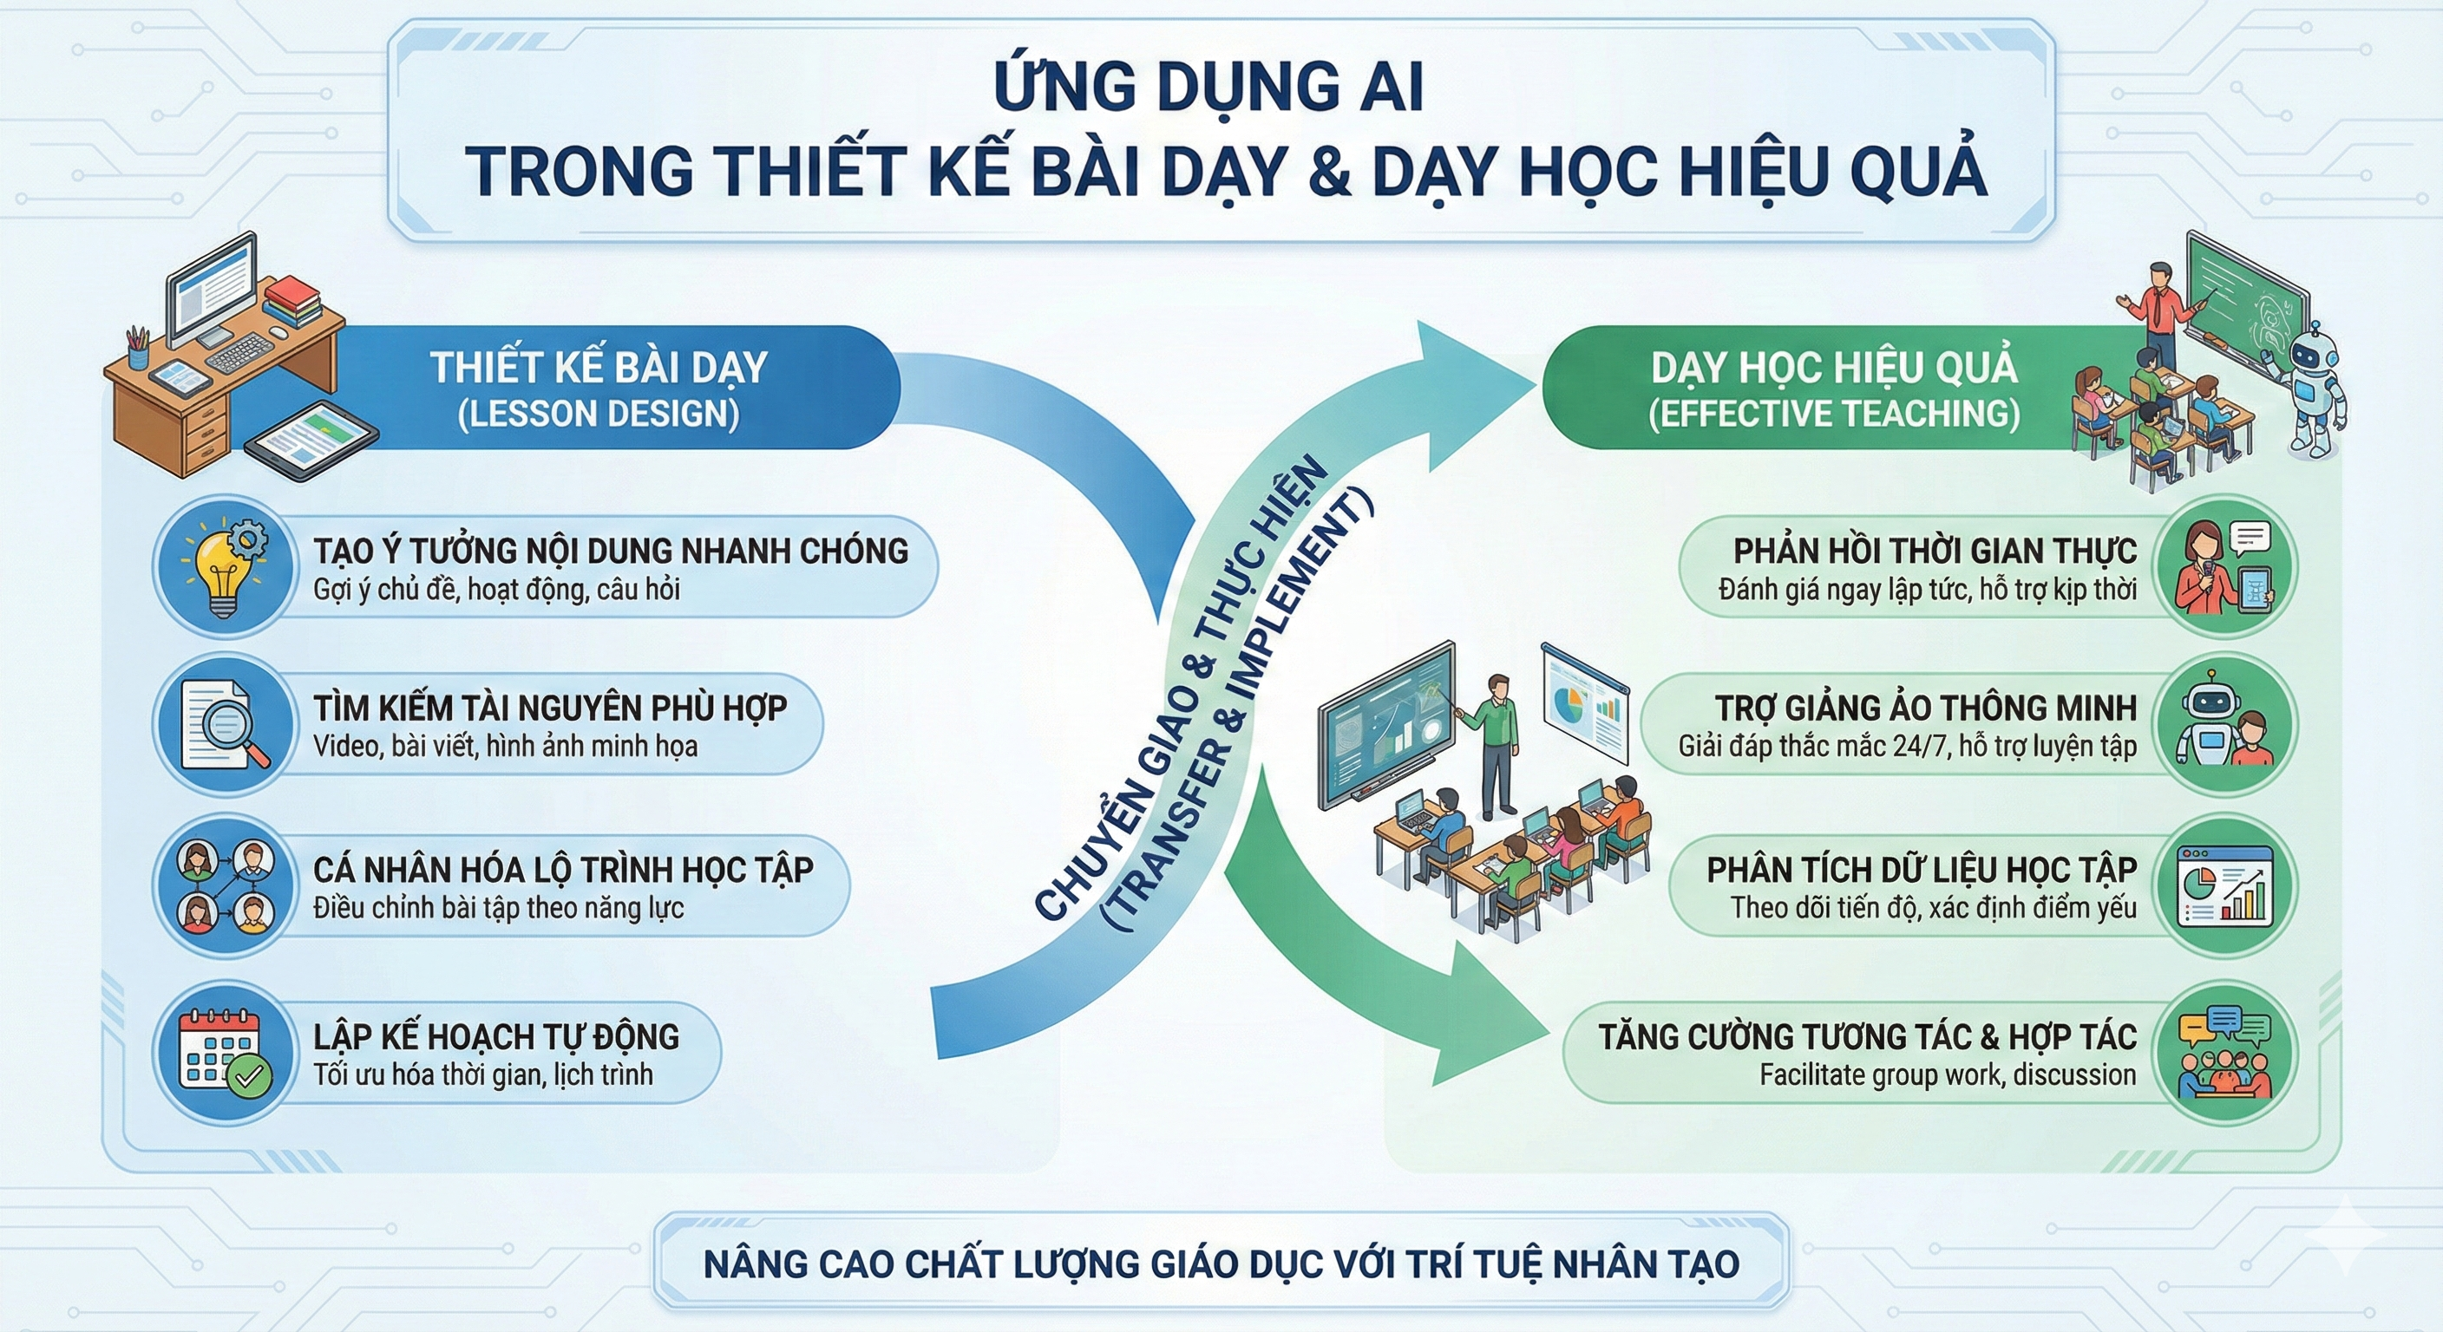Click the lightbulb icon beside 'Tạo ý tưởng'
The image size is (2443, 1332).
(x=224, y=566)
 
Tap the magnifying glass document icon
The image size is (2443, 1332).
(x=224, y=725)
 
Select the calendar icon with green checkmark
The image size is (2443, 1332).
(x=224, y=1052)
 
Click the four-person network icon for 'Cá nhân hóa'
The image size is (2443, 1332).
(x=224, y=886)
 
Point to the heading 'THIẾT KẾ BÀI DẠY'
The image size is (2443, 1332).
(x=599, y=368)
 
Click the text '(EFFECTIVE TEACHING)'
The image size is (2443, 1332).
(x=1834, y=415)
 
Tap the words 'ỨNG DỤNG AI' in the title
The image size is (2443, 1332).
(x=1208, y=88)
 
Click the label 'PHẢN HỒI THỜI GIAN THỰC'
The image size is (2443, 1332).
(x=1935, y=551)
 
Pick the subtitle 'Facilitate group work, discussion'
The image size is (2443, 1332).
(x=1947, y=1075)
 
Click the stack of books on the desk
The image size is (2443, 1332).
(x=293, y=301)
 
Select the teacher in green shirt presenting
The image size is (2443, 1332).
(x=1497, y=744)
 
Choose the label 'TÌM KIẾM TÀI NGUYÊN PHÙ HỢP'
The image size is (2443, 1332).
(x=550, y=708)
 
